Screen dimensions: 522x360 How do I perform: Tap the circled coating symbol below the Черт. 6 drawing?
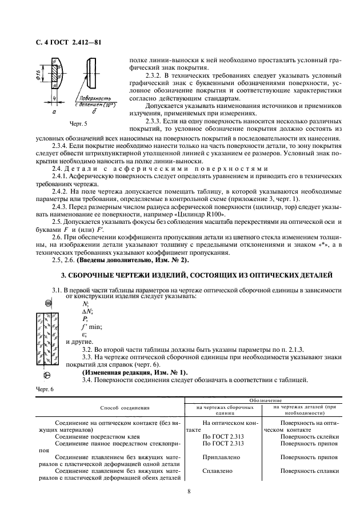47,375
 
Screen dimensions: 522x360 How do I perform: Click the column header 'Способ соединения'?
125,408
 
